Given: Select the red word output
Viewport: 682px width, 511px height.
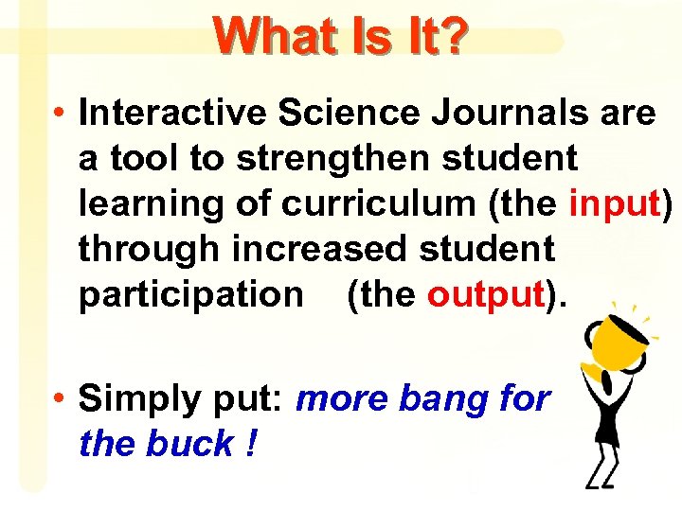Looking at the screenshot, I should click(483, 295).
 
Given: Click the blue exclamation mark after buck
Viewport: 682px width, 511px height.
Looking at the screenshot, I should click(249, 444).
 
